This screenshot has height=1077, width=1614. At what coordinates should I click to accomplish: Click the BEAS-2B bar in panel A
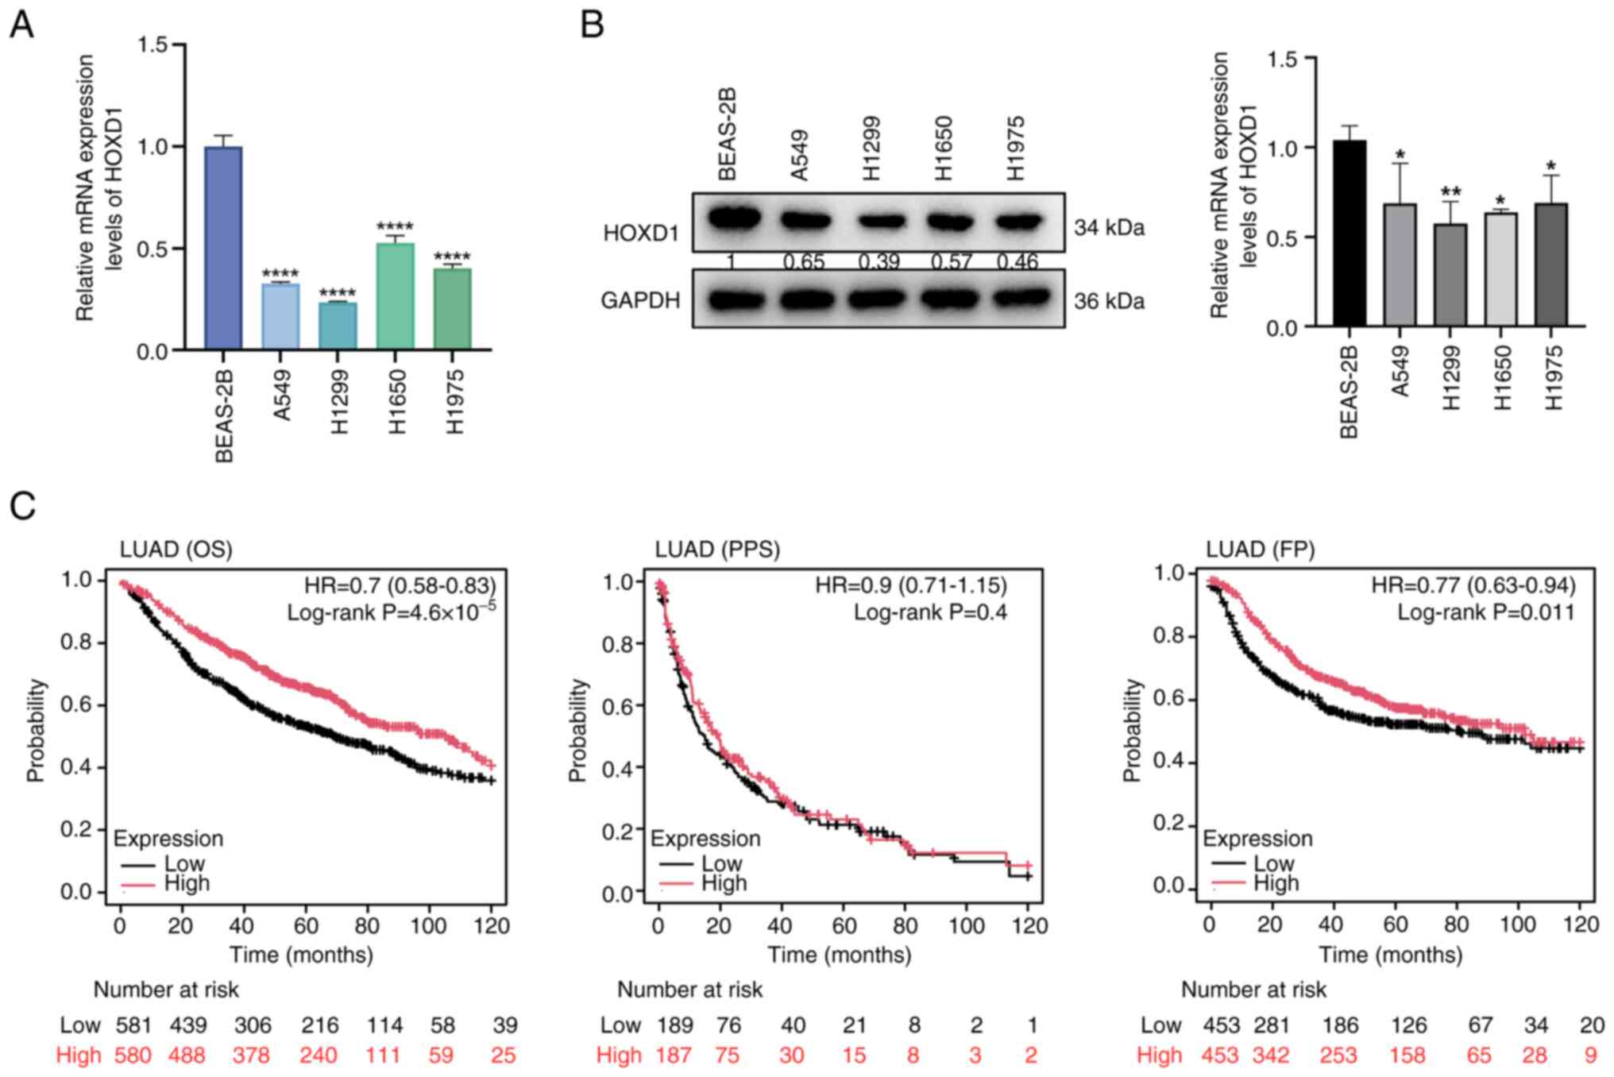(223, 248)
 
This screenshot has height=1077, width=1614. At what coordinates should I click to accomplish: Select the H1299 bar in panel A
(338, 326)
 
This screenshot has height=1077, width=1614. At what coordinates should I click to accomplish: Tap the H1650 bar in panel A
(395, 296)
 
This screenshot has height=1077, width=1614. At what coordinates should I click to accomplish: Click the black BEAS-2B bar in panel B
(1350, 234)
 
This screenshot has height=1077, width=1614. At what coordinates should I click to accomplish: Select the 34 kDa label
(1109, 228)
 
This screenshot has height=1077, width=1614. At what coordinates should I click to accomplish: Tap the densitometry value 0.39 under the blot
(878, 261)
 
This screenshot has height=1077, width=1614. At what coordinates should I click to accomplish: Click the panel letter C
(23, 506)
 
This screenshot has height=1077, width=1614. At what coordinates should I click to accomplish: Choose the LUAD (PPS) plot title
(717, 549)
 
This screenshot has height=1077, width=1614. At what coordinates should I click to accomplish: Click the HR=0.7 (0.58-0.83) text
(400, 586)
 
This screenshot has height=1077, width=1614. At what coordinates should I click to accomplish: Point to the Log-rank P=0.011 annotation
(1485, 612)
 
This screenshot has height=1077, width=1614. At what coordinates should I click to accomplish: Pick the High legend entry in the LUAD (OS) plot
(186, 883)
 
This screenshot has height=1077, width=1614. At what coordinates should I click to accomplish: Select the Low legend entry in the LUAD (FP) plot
(1273, 863)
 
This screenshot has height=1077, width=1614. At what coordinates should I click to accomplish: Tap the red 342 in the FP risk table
(1271, 1056)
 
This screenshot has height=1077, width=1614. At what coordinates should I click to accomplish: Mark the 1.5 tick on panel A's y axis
(153, 44)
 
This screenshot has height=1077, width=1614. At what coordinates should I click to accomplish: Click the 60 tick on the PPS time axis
(844, 925)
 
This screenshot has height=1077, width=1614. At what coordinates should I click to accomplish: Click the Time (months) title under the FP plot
(1390, 954)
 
